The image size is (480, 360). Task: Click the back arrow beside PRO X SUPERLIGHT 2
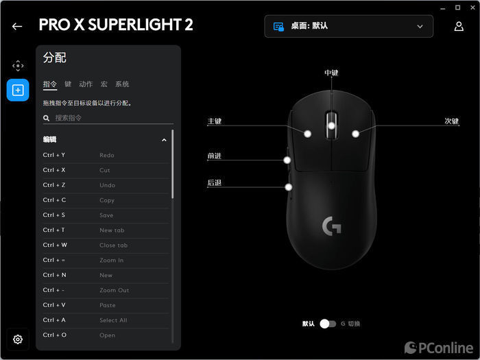pyautogui.click(x=17, y=27)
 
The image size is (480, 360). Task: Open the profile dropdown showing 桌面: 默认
pyautogui.click(x=348, y=26)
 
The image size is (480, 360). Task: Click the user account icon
pyautogui.click(x=459, y=26)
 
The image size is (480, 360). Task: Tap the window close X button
pyautogui.click(x=472, y=8)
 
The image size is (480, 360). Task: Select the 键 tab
pyautogui.click(x=68, y=84)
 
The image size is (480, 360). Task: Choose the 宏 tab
pyautogui.click(x=104, y=84)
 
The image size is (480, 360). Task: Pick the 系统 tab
pyautogui.click(x=122, y=84)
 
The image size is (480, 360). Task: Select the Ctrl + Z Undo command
pyautogui.click(x=106, y=185)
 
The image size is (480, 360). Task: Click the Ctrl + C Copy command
pyautogui.click(x=106, y=200)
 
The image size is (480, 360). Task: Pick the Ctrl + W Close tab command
pyautogui.click(x=106, y=245)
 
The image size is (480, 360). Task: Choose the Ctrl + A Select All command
pyautogui.click(x=106, y=320)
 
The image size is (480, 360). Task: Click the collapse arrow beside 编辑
pyautogui.click(x=164, y=140)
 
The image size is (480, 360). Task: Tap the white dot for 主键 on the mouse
pyautogui.click(x=308, y=134)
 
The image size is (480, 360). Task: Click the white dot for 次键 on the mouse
pyautogui.click(x=355, y=134)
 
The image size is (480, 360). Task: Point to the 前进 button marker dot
pyautogui.click(x=287, y=160)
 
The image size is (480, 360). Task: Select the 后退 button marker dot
pyautogui.click(x=289, y=187)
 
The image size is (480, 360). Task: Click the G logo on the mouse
pyautogui.click(x=331, y=226)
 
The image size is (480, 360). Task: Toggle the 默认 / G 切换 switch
pyautogui.click(x=328, y=324)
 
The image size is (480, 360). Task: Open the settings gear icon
pyautogui.click(x=18, y=339)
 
